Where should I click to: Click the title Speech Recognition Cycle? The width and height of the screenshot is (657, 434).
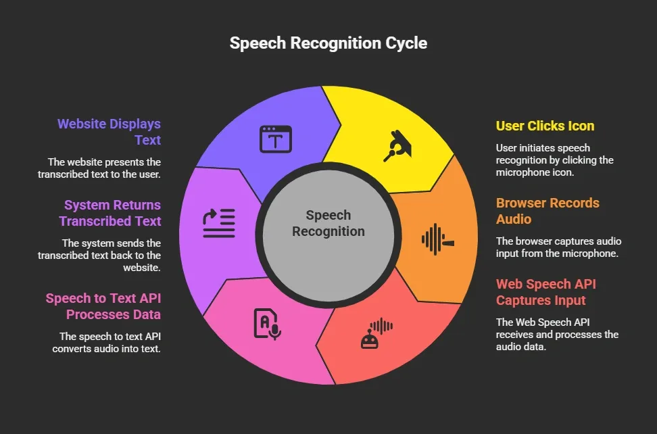tap(328, 43)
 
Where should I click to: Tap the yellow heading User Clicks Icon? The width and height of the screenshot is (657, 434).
tap(545, 126)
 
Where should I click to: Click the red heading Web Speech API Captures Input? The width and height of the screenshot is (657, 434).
tap(546, 292)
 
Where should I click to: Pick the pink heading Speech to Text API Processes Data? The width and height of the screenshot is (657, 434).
tap(103, 306)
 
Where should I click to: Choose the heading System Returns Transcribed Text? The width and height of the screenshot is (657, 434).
tap(110, 213)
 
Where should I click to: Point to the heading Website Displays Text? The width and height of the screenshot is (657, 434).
tap(109, 132)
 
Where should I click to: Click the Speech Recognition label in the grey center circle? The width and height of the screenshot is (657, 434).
tap(328, 224)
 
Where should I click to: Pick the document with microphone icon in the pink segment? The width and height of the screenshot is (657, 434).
tap(266, 323)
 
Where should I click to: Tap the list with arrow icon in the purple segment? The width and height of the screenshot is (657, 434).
tap(219, 222)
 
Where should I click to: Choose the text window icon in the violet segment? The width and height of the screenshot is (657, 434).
tap(276, 139)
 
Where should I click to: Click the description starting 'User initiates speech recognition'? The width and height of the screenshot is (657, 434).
tap(554, 160)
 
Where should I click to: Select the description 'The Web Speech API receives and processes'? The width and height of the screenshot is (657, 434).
tap(557, 335)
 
